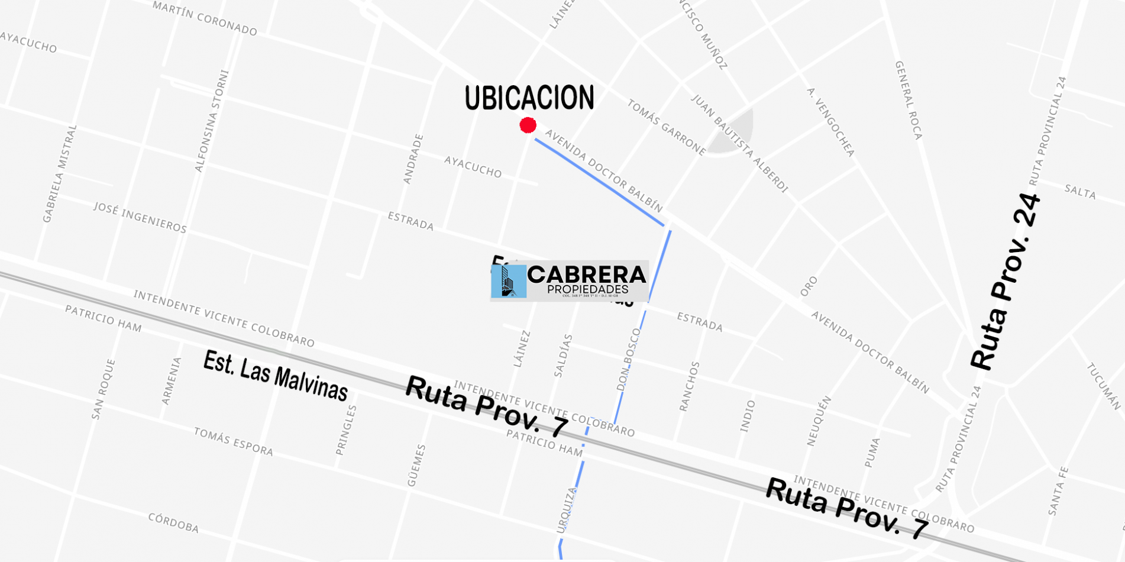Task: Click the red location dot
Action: [528, 125]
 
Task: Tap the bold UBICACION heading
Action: [529, 98]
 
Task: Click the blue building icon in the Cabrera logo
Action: [509, 281]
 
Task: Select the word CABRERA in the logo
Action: [586, 274]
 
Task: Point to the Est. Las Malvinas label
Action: [275, 376]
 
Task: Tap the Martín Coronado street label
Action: [205, 18]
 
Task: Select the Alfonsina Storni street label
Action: [211, 121]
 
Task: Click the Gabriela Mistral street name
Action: [60, 173]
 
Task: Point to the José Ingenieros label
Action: [140, 217]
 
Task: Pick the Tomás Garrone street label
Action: [666, 127]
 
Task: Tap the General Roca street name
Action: [909, 100]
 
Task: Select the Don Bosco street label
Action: [628, 360]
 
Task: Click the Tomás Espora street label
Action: [234, 442]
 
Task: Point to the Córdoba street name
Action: [173, 522]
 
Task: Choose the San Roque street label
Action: [103, 389]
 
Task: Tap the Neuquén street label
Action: [819, 421]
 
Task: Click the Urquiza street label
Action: [566, 510]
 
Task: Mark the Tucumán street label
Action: [1104, 386]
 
